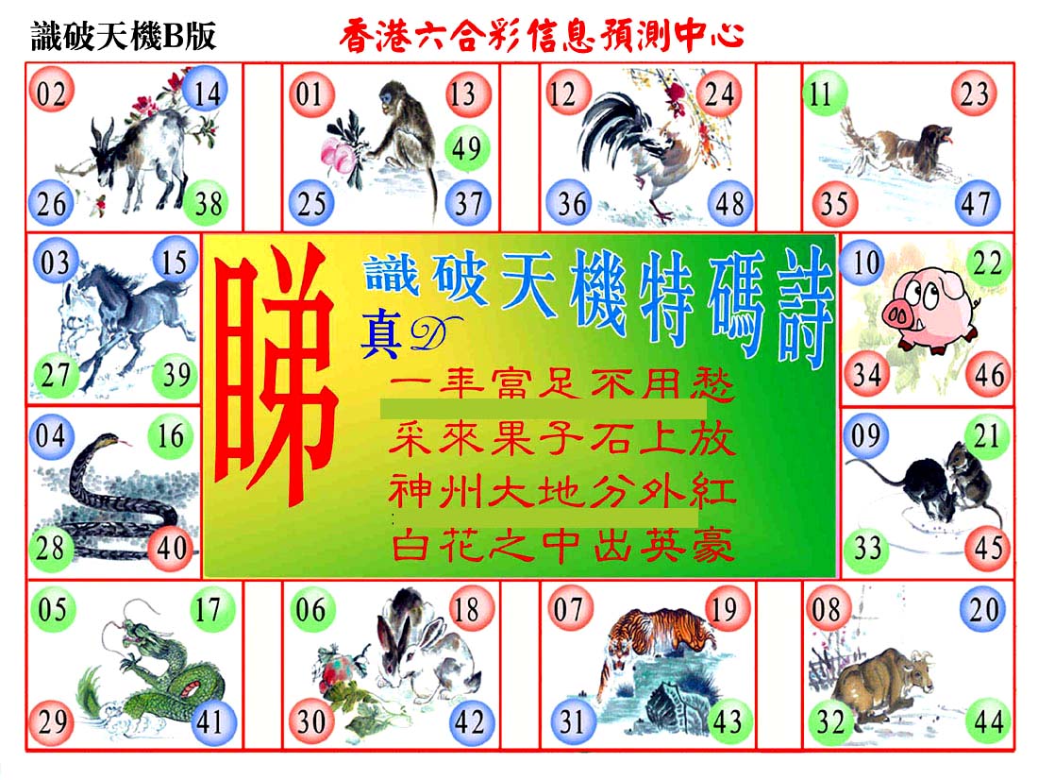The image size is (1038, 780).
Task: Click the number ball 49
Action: coord(467,147)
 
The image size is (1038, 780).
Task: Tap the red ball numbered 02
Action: coord(51,93)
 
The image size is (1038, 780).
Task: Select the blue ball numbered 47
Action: coord(977,203)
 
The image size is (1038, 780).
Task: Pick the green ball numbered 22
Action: coord(987,263)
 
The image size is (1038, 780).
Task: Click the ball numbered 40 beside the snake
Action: coord(172,548)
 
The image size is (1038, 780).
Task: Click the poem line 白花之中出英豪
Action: coord(562,547)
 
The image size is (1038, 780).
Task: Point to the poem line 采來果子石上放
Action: coord(562,439)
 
